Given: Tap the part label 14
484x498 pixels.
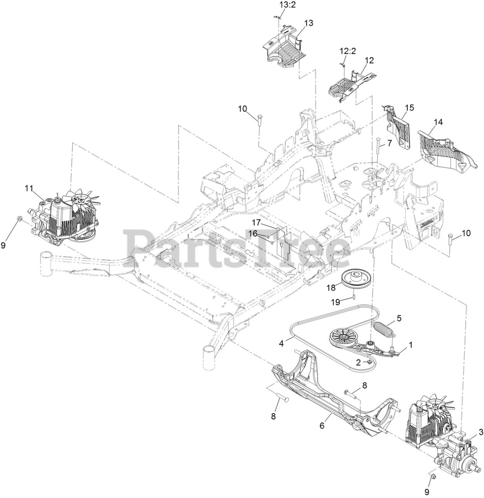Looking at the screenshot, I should click(438, 122).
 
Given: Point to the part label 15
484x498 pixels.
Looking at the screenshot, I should click(409, 107).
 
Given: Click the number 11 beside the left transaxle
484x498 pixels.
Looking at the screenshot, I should click(29, 188).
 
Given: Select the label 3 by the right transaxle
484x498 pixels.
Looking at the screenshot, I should click(481, 431).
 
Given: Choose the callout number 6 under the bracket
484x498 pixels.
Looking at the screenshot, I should click(322, 426).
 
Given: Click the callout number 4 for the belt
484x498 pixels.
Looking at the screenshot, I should click(281, 344).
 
